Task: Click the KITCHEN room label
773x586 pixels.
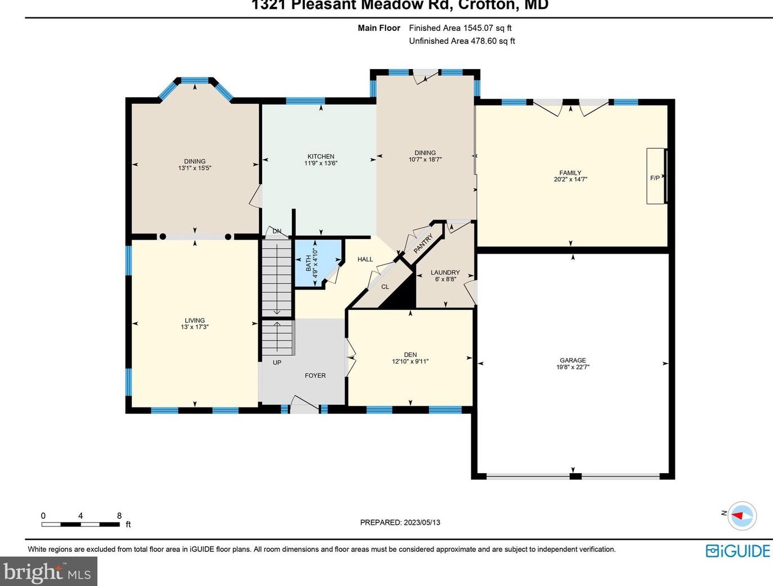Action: pyautogui.click(x=321, y=157)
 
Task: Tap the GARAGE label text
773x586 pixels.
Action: pyautogui.click(x=573, y=360)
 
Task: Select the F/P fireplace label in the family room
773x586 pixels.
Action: pyautogui.click(x=655, y=178)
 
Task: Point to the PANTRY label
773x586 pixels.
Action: pyautogui.click(x=423, y=244)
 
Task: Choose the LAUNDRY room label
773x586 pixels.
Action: pyautogui.click(x=445, y=272)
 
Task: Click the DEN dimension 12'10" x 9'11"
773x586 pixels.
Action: pyautogui.click(x=410, y=361)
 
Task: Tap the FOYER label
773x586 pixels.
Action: pyautogui.click(x=315, y=376)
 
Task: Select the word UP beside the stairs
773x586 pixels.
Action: pyautogui.click(x=277, y=363)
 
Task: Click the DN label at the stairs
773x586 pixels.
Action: pyautogui.click(x=277, y=231)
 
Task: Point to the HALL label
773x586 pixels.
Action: pyautogui.click(x=365, y=259)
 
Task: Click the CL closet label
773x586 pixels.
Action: pyautogui.click(x=385, y=287)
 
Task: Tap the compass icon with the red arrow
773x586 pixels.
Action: pyautogui.click(x=742, y=515)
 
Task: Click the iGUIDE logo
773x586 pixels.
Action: pyautogui.click(x=738, y=551)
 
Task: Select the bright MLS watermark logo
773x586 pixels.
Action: pyautogui.click(x=48, y=572)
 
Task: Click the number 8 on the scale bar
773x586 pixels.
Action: pyautogui.click(x=119, y=516)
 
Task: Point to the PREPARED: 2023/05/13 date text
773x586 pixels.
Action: pyautogui.click(x=400, y=522)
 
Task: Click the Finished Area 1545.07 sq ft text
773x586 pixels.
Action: pyautogui.click(x=460, y=28)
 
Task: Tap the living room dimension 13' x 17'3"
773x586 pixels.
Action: pyautogui.click(x=195, y=327)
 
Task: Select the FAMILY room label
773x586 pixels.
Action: pyautogui.click(x=570, y=173)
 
